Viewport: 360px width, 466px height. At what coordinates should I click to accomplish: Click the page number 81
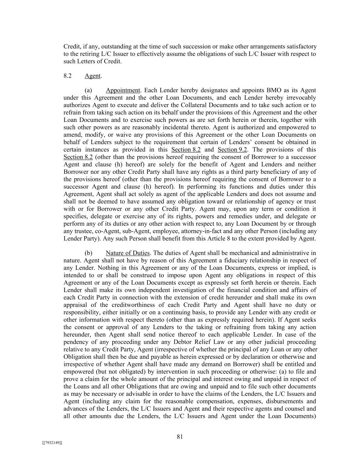[180, 437]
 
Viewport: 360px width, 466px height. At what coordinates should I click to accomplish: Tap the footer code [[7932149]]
[52, 443]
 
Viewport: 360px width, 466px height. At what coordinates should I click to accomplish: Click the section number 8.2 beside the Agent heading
[67, 76]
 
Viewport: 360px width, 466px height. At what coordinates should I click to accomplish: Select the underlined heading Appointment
[123, 90]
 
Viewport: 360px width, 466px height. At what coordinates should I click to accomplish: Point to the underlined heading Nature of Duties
[128, 253]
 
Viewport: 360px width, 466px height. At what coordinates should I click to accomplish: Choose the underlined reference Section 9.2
[232, 150]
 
